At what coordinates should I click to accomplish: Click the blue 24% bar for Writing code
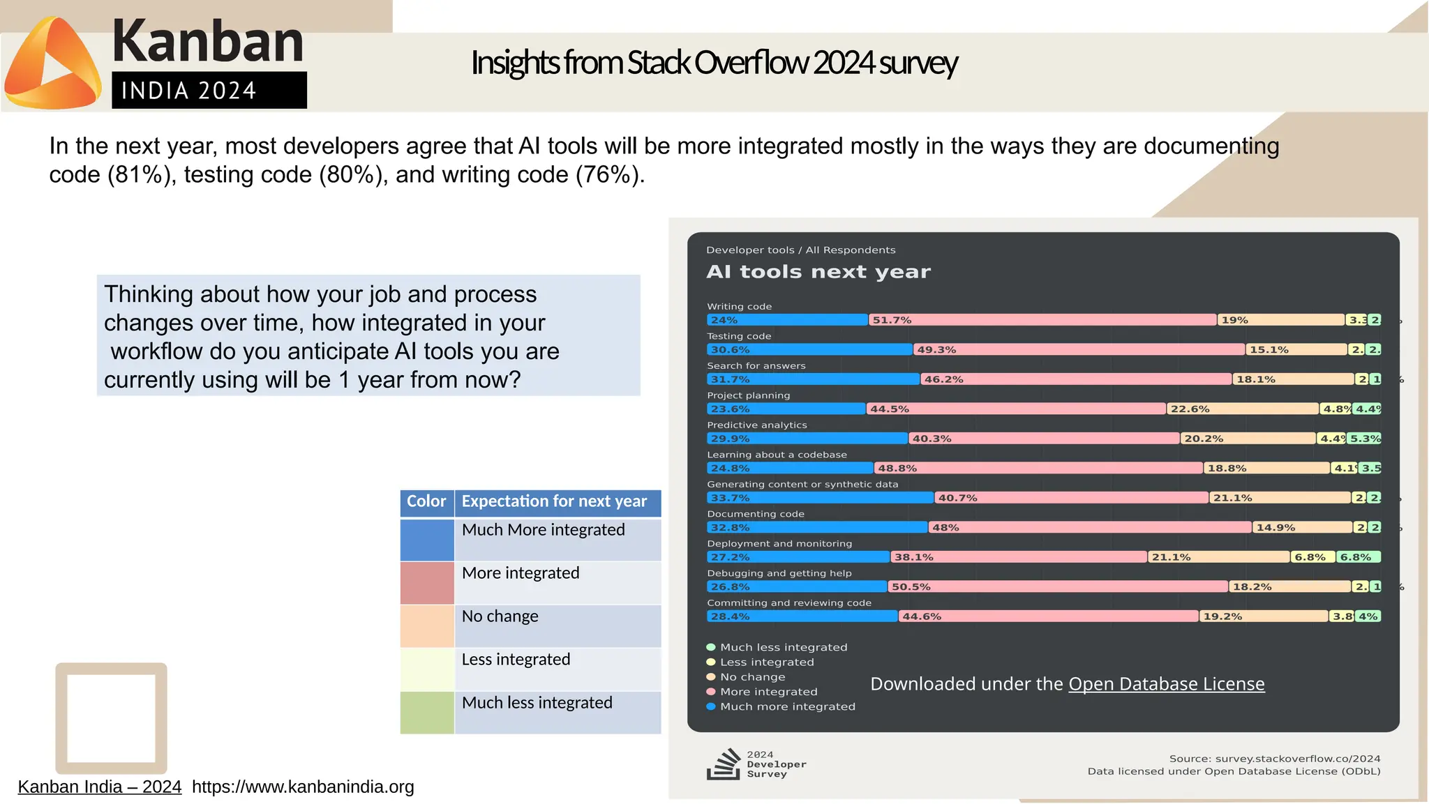point(787,320)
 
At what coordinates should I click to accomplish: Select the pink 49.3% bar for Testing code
point(1079,349)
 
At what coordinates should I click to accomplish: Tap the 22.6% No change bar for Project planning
point(1242,409)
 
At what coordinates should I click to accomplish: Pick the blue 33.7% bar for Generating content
point(820,498)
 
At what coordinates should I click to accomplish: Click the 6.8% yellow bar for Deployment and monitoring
point(1312,557)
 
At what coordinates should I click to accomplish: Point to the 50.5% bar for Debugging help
point(1057,586)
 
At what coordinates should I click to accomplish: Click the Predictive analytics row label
point(756,425)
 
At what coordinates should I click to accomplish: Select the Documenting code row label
point(755,514)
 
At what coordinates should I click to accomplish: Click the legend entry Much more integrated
point(787,706)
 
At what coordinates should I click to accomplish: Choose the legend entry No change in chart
point(752,677)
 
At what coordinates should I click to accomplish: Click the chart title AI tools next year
point(818,272)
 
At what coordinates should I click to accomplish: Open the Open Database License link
point(1166,684)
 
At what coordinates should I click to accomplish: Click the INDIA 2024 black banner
point(209,91)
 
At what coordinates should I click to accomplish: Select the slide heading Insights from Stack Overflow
point(714,63)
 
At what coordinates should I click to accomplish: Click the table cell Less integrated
point(516,660)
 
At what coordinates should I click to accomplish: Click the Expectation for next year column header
point(554,501)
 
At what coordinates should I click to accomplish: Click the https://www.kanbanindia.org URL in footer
point(303,787)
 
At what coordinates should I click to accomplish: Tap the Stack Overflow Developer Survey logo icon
point(723,764)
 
